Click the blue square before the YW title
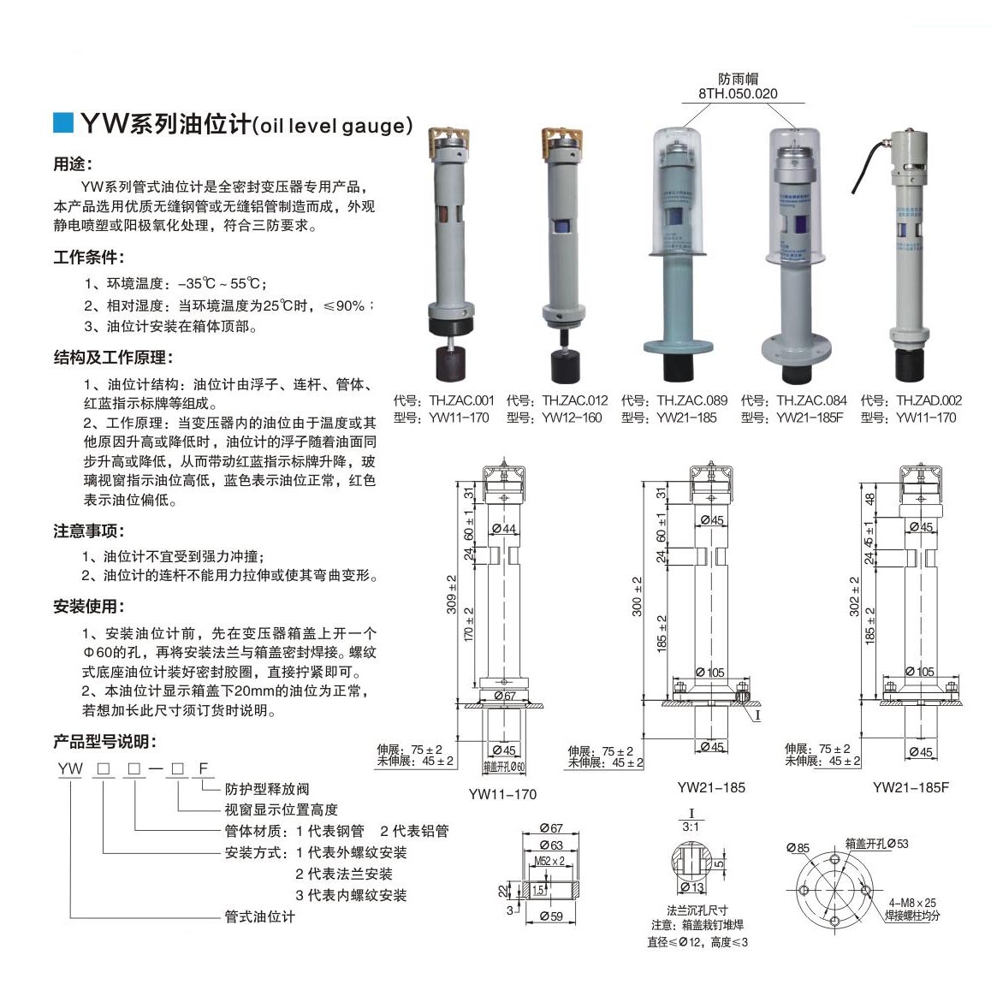(63, 122)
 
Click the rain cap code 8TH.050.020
(738, 93)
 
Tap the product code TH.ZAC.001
(461, 400)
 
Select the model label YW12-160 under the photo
(572, 418)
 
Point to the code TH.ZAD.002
(929, 400)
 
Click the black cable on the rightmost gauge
(868, 162)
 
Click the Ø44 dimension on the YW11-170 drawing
(504, 529)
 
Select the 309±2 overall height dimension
(451, 595)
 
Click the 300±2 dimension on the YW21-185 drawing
(637, 596)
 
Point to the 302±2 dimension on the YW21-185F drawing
(854, 596)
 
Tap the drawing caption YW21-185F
(911, 787)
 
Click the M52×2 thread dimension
(549, 861)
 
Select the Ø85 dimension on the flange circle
(798, 848)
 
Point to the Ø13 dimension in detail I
(692, 887)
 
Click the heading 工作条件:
(89, 258)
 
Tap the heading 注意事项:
(89, 531)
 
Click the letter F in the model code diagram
(203, 768)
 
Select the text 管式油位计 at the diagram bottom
(260, 916)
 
